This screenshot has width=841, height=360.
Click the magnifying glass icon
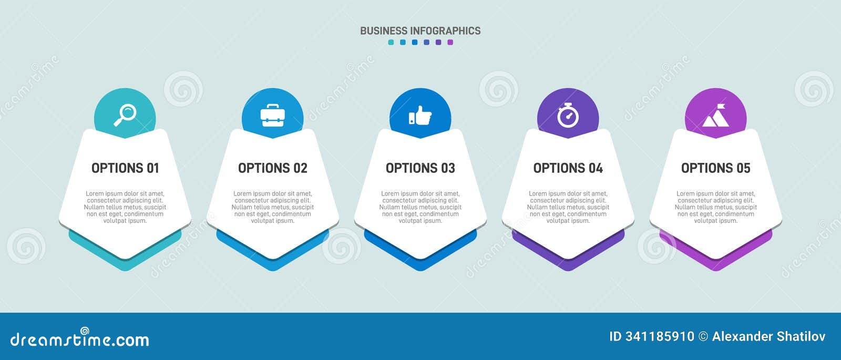(x=125, y=115)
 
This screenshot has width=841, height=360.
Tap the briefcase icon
(x=273, y=115)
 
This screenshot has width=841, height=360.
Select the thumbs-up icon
(x=420, y=115)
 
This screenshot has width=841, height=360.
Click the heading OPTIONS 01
(x=125, y=168)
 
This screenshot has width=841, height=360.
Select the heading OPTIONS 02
(x=273, y=168)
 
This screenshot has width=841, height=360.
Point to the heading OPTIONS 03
(x=420, y=168)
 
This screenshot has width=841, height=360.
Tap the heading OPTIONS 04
(x=568, y=168)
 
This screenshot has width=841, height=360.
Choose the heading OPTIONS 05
(x=715, y=168)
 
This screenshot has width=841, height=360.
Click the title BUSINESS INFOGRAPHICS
(x=420, y=31)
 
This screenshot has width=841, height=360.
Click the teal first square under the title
(x=391, y=43)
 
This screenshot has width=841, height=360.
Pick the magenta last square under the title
(x=450, y=43)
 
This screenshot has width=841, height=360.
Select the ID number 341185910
(x=660, y=336)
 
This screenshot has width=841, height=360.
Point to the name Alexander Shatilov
(x=768, y=336)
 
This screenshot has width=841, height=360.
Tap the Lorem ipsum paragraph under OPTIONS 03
(x=420, y=207)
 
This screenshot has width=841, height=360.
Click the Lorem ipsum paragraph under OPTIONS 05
(x=715, y=207)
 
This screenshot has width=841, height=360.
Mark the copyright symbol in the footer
(x=703, y=336)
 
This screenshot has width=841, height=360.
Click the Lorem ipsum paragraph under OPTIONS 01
(x=125, y=207)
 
